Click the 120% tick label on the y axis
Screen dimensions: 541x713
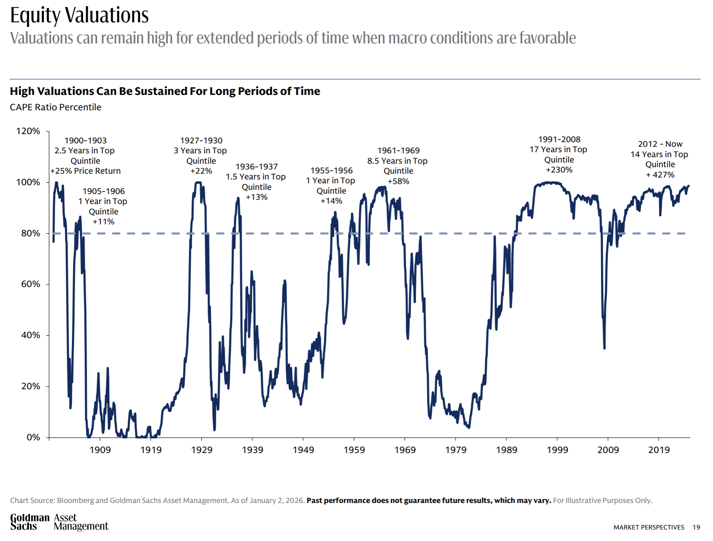pyautogui.click(x=28, y=131)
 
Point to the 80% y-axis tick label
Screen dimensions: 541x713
pyautogui.click(x=30, y=233)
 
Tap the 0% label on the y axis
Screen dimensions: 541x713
pyautogui.click(x=33, y=437)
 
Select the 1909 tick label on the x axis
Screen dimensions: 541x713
pyautogui.click(x=100, y=450)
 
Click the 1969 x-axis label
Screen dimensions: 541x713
pyautogui.click(x=405, y=450)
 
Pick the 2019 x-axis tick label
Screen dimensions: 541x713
pyautogui.click(x=659, y=450)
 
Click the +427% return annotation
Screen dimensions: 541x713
pyautogui.click(x=660, y=175)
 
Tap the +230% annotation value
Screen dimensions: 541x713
pyautogui.click(x=559, y=170)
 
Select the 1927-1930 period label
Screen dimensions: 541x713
pyautogui.click(x=201, y=141)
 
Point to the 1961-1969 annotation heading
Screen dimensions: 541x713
pyautogui.click(x=398, y=151)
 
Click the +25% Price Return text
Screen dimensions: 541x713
pyautogui.click(x=85, y=171)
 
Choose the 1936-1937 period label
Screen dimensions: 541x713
pyautogui.click(x=257, y=167)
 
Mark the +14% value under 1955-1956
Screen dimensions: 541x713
pyautogui.click(x=332, y=201)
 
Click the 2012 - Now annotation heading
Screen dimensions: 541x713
pyautogui.click(x=660, y=144)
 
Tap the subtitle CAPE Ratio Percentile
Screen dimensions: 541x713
pyautogui.click(x=55, y=107)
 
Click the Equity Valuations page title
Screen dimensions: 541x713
pyautogui.click(x=79, y=15)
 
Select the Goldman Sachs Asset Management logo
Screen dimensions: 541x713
pyautogui.click(x=59, y=522)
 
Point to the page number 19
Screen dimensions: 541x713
pyautogui.click(x=696, y=527)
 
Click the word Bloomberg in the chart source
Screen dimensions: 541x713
pyautogui.click(x=75, y=500)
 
